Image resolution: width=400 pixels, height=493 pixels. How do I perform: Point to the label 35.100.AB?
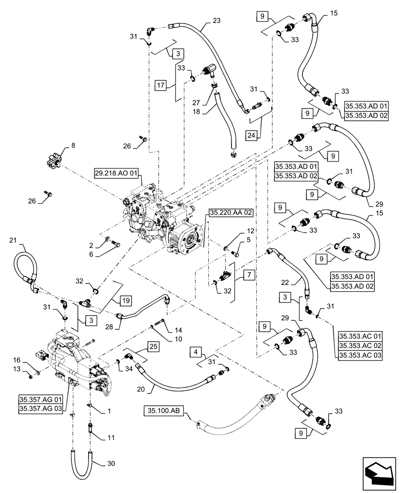coord(163,410)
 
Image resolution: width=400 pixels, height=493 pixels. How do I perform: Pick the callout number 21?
coord(13,240)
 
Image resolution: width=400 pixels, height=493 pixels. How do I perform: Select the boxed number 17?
coord(162,85)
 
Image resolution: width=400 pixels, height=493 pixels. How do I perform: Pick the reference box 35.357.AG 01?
coord(39,399)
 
